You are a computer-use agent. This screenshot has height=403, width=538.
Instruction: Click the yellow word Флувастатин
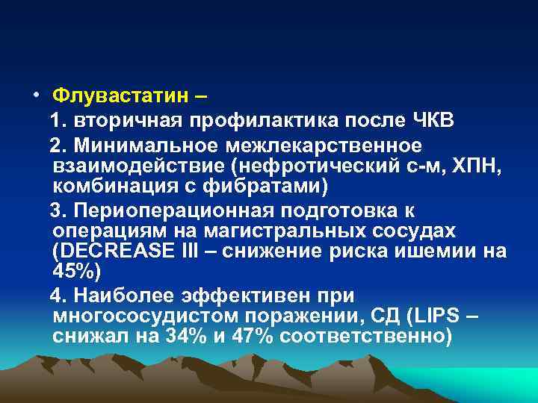[120, 97]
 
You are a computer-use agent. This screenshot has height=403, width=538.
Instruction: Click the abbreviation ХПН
[470, 163]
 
